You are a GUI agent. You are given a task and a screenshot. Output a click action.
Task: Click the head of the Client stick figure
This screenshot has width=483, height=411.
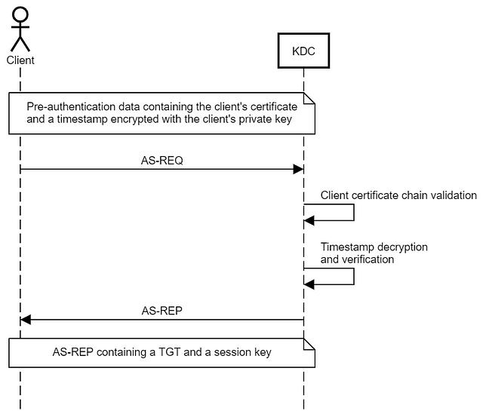click(20, 14)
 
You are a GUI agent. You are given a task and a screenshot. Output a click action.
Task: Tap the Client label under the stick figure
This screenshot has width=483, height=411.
click(20, 60)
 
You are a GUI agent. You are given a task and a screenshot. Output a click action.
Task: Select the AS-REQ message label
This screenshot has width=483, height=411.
click(162, 161)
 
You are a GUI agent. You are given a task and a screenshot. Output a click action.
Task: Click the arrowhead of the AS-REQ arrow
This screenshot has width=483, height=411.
click(298, 169)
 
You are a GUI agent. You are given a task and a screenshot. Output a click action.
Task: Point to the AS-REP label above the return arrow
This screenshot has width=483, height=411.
click(162, 311)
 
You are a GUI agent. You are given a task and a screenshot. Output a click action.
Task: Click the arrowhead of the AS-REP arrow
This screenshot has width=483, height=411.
click(26, 320)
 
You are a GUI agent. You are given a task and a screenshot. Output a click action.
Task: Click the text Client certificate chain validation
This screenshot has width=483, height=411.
click(398, 195)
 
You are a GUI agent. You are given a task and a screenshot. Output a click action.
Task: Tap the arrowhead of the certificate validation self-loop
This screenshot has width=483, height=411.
click(309, 220)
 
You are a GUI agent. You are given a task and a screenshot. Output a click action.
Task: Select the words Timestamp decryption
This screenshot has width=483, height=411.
click(374, 247)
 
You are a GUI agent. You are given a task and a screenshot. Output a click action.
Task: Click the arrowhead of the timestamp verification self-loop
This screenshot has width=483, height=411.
click(309, 284)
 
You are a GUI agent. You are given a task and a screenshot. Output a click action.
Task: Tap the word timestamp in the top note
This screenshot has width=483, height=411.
click(82, 119)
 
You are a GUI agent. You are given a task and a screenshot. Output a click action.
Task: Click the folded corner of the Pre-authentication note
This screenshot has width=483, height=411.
click(309, 98)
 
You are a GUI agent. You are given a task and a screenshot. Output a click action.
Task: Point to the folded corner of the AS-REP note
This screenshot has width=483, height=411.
click(309, 344)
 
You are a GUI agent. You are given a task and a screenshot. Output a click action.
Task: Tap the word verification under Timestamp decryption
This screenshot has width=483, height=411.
click(368, 259)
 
